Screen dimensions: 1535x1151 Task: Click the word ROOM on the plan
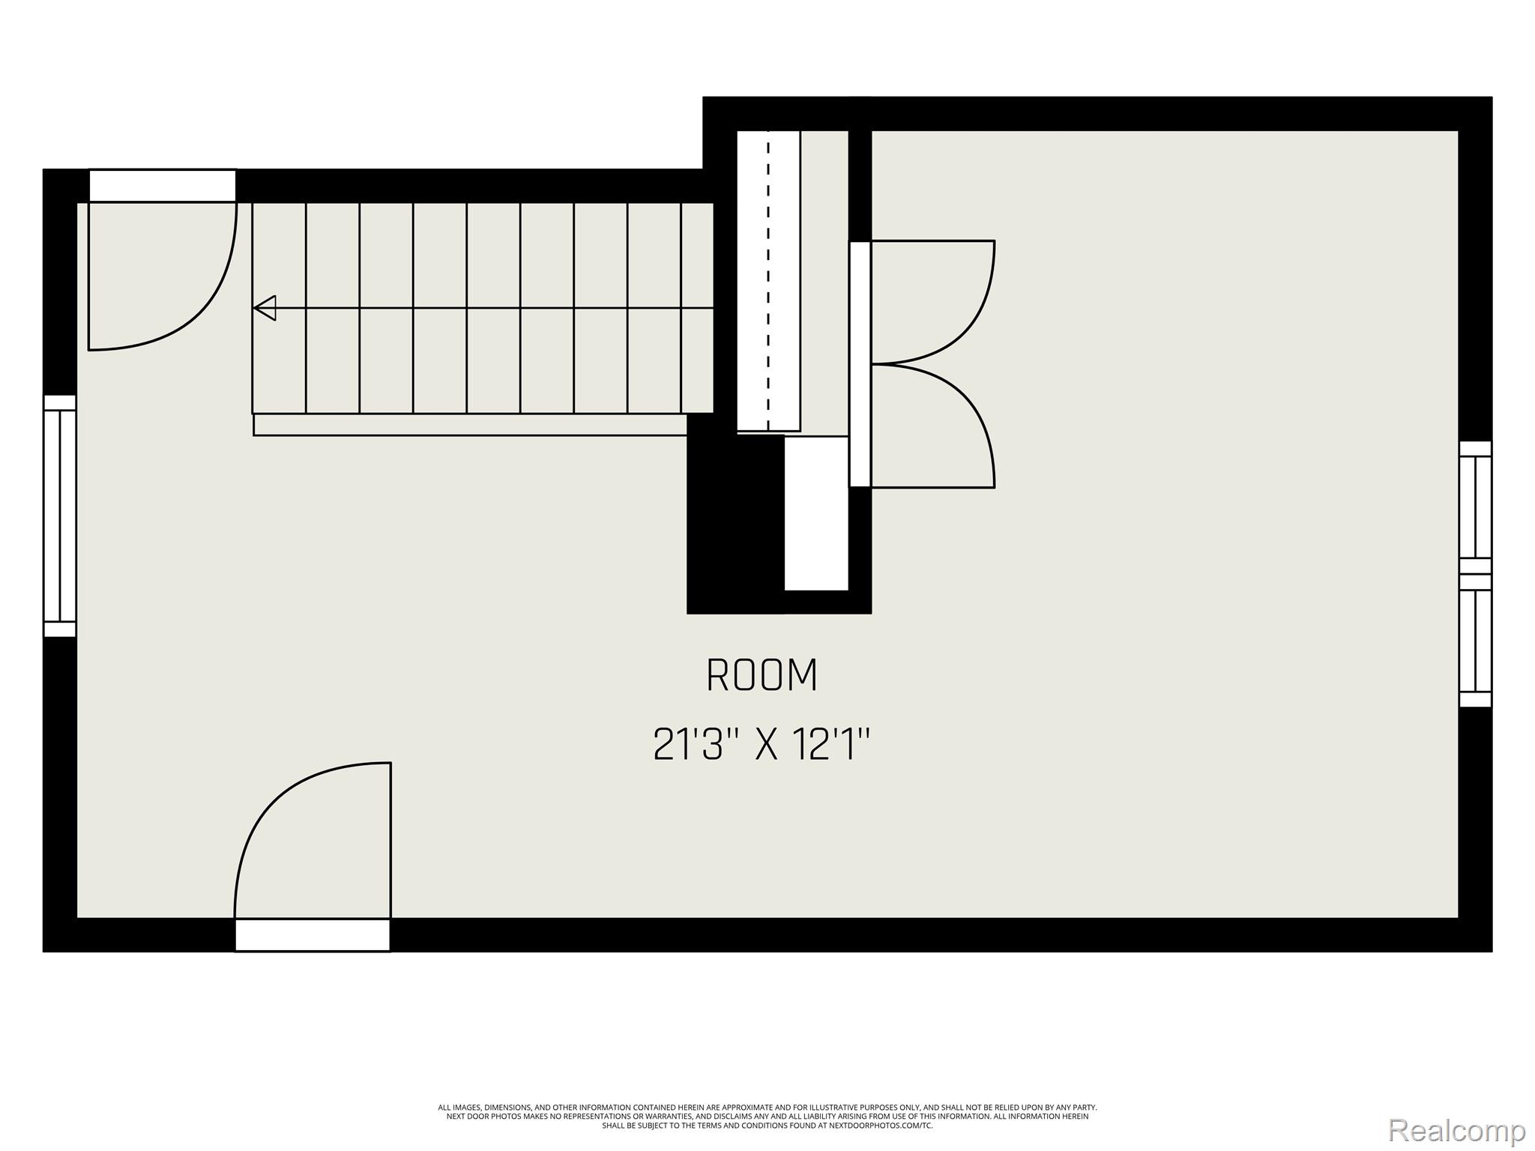point(762,675)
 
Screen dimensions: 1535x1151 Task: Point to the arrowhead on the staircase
point(265,308)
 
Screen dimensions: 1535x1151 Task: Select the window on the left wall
point(59,516)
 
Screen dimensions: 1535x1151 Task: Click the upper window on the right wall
point(1475,507)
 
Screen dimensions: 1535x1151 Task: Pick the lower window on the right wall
point(1475,641)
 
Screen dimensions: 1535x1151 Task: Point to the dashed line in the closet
point(767,281)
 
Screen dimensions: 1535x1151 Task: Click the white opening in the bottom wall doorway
point(313,935)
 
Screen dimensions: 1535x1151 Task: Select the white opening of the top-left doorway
point(163,185)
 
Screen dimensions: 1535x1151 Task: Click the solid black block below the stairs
point(735,525)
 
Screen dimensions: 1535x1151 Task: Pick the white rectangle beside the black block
point(816,513)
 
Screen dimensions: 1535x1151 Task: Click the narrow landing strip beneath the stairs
point(470,425)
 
